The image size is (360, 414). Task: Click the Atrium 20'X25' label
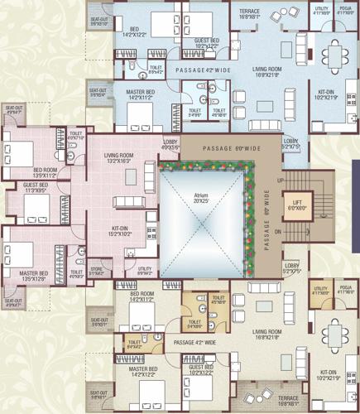(202, 197)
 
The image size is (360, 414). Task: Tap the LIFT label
(295, 204)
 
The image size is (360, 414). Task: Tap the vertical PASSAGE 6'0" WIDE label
(267, 219)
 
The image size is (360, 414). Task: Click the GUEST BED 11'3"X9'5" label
(36, 187)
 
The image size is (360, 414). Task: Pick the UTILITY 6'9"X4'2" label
(145, 270)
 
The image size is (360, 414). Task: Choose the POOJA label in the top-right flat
(346, 10)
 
